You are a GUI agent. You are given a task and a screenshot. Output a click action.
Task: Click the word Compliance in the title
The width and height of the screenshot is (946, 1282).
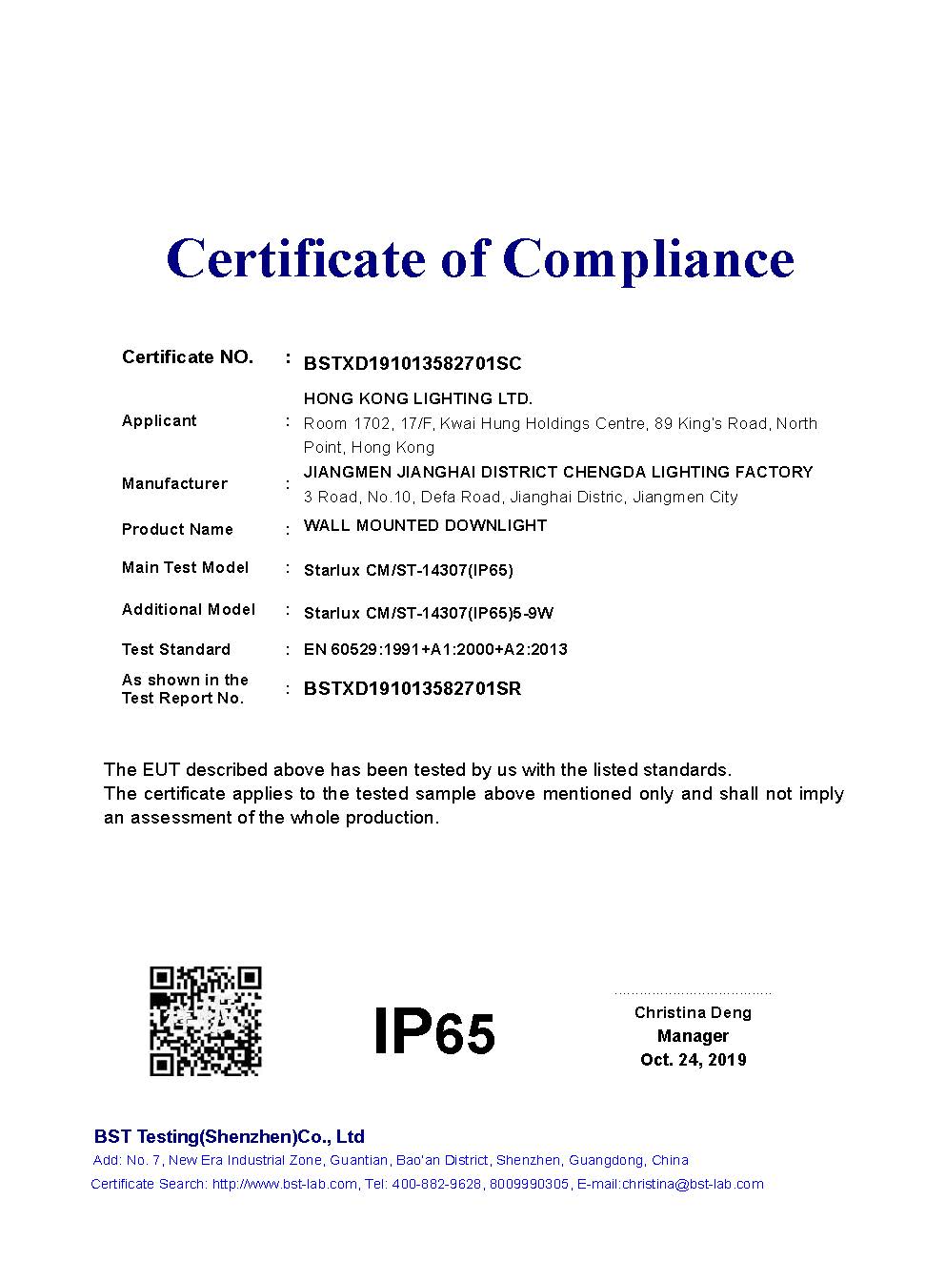point(648,259)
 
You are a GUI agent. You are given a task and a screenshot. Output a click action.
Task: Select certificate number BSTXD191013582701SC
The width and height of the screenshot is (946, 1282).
point(413,363)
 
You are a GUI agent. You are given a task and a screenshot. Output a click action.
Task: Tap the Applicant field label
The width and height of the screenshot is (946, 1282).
point(159,420)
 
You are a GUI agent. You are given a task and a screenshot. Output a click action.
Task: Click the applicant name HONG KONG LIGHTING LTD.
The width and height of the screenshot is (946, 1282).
point(418,398)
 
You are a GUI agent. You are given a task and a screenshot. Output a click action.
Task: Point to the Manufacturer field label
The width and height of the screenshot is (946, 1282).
point(174,483)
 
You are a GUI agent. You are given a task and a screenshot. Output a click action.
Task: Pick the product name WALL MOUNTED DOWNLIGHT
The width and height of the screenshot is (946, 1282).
point(425,525)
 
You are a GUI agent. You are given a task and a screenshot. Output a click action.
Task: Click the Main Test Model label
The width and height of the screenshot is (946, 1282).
point(185,567)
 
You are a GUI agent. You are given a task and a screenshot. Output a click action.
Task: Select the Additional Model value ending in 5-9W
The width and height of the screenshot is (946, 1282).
point(428,613)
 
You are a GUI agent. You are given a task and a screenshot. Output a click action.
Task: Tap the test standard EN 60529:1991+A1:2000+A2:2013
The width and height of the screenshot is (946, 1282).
point(435,649)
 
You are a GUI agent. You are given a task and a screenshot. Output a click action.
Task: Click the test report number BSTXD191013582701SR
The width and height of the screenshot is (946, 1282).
point(413,688)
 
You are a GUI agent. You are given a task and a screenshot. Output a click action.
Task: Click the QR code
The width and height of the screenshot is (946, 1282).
point(206,1021)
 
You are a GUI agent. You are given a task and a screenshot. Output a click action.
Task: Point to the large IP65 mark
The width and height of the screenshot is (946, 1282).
point(434,1030)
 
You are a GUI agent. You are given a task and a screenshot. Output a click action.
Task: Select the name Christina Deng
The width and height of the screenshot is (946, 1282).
point(693,1012)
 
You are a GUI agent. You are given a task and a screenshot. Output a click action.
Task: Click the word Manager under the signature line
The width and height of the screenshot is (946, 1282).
point(693,1036)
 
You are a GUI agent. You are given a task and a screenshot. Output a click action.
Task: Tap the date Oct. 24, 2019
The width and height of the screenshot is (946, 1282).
point(693,1060)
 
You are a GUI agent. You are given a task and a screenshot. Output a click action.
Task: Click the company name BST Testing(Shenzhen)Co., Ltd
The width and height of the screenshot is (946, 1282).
point(229,1136)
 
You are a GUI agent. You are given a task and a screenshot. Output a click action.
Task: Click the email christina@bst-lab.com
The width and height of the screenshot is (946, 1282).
point(693,1184)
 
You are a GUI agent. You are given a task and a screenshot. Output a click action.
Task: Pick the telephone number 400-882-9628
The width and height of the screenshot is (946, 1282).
point(436,1184)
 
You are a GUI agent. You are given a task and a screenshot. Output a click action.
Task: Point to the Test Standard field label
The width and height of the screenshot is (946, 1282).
point(176,649)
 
